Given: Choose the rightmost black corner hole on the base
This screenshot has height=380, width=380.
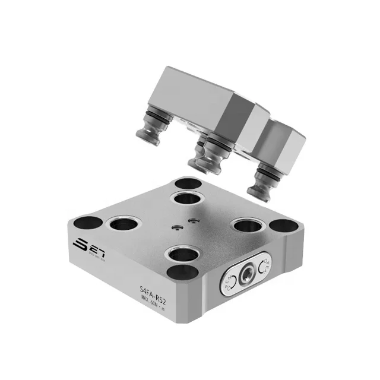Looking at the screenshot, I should pos(286,227).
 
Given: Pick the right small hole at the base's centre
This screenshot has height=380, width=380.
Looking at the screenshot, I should pos(191,221).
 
